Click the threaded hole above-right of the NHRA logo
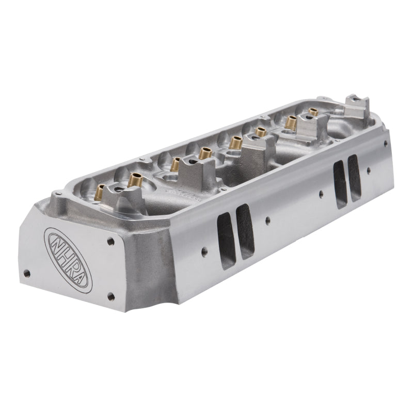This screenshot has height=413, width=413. [111, 241]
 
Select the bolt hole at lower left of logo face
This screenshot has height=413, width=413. [27, 273]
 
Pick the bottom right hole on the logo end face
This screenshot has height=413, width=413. [110, 296]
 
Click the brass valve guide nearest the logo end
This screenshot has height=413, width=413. [100, 192]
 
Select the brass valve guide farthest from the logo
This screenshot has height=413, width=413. [313, 112]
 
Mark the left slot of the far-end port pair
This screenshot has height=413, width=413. [339, 184]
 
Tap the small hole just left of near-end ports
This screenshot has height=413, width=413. [204, 251]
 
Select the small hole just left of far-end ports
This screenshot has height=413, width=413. [321, 194]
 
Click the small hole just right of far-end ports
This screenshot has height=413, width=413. [368, 170]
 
